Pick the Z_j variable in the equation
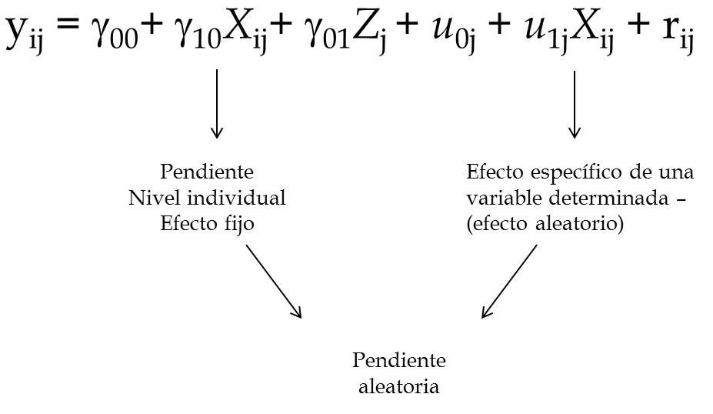pyautogui.click(x=368, y=33)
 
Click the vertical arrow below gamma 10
pyautogui.click(x=217, y=104)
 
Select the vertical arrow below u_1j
pyautogui.click(x=575, y=104)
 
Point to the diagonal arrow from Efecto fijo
pyautogui.click(x=274, y=281)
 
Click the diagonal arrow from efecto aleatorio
pyautogui.click(x=509, y=281)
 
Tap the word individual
pyautogui.click(x=236, y=198)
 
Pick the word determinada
pyautogui.click(x=609, y=198)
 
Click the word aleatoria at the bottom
pyautogui.click(x=398, y=387)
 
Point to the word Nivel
pyautogui.click(x=155, y=198)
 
